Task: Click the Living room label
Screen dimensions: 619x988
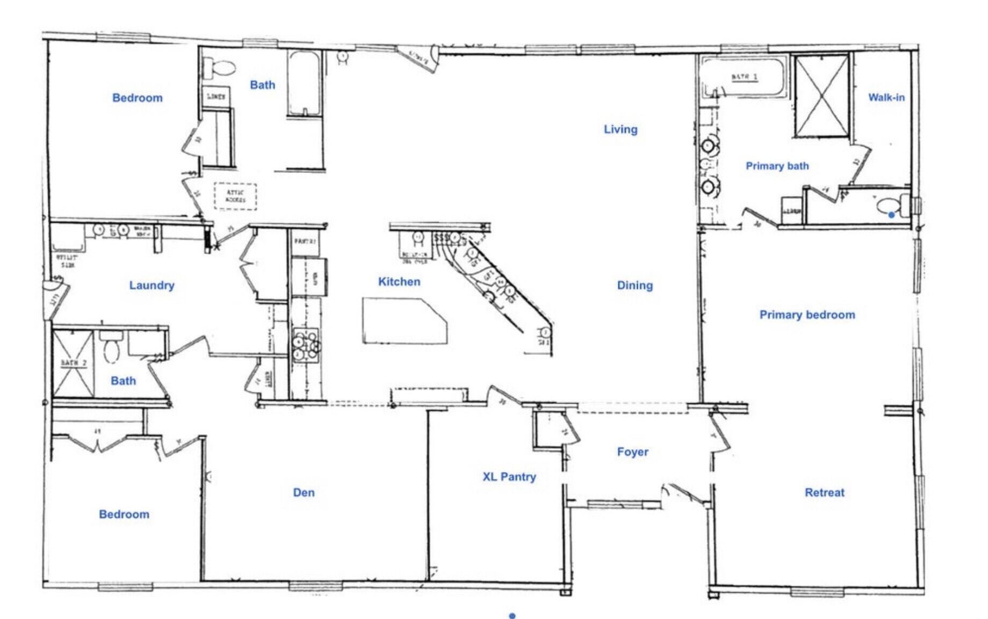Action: coord(621,129)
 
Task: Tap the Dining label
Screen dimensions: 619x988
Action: coord(634,286)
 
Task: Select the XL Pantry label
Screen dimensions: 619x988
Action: coord(509,477)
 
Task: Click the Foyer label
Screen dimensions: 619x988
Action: coord(632,452)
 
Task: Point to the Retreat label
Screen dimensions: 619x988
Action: coord(824,492)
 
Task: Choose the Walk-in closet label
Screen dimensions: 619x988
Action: coord(886,98)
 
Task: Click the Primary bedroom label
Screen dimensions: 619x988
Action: coord(807,315)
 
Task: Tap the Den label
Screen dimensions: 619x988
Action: coord(304,492)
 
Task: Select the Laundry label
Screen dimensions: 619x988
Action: coord(152,286)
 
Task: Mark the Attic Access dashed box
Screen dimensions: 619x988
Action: coord(235,196)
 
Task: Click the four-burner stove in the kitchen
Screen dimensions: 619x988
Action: coord(306,344)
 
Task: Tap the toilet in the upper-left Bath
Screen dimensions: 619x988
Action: coord(220,69)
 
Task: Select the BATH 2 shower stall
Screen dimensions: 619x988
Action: coord(73,364)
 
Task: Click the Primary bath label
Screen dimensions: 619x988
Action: coord(777,166)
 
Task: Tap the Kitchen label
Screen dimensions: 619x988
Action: coord(399,282)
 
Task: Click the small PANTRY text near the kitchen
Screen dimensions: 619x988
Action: coord(304,242)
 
